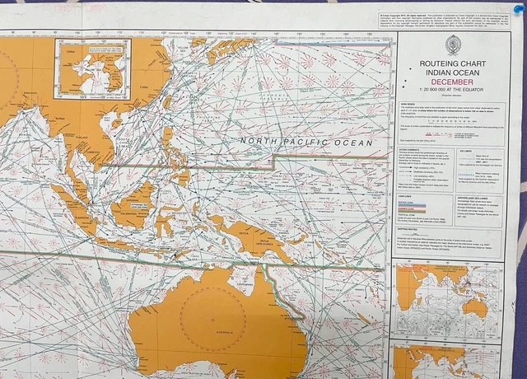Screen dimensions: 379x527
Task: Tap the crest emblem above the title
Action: coord(451,44)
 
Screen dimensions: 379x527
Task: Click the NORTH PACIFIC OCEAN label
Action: coord(306,142)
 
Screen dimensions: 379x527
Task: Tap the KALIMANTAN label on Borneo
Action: coord(132,212)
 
